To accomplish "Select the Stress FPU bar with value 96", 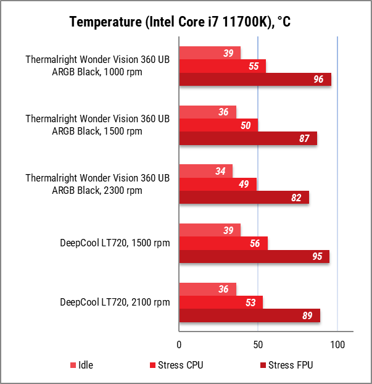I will pos(255,80).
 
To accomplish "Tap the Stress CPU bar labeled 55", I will pos(222,66).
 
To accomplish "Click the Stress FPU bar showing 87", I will pos(247,139).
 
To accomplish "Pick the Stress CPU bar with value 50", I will pos(218,125).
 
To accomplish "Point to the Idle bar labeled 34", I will pos(205,171).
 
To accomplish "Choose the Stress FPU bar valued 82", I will pos(244,198).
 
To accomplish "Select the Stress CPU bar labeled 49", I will pos(217,185).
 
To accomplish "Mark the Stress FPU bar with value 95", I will pos(254,257).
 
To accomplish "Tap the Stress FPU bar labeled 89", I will pos(249,315).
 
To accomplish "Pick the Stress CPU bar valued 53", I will pos(220,303).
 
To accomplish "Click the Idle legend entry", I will pos(81,365).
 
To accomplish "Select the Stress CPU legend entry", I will pos(176,365).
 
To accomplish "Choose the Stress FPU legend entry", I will pos(286,365).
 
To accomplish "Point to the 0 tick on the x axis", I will pos(179,344).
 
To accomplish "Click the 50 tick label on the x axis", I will pos(258,344).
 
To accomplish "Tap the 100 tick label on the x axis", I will pos(337,344).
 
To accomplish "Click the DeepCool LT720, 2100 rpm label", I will pos(115,303).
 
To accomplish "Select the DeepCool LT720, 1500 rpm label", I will pos(115,244).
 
